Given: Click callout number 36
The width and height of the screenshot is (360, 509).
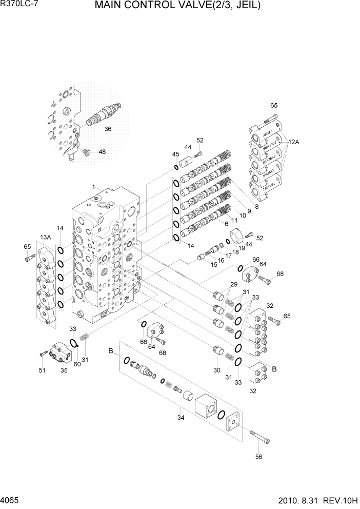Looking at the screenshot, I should click(108, 129).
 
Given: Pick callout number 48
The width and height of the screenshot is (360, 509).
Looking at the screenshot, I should click(103, 152).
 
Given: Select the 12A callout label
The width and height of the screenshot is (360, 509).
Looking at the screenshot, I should click(293, 142).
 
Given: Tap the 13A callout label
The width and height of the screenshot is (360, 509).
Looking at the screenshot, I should click(45, 237).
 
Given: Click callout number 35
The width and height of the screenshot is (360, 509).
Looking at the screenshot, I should click(64, 370).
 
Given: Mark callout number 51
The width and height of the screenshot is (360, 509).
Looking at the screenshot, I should click(42, 370).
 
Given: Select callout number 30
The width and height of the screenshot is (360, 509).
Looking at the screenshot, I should click(216, 370).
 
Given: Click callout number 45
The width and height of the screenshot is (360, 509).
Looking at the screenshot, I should click(175, 154).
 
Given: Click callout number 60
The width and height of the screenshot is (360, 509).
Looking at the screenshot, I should click(77, 365).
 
